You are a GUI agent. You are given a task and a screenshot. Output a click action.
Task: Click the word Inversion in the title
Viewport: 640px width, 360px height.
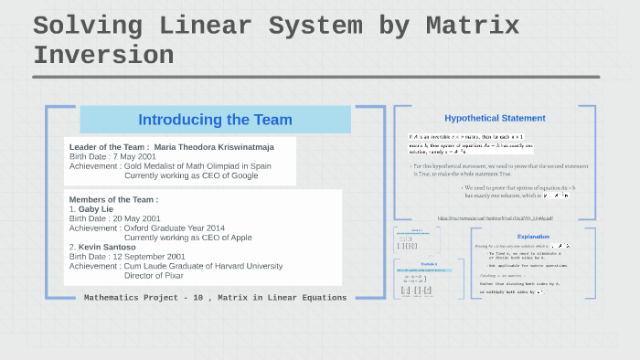pos(103,55)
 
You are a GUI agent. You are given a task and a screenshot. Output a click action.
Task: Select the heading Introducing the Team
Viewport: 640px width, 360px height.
pos(215,120)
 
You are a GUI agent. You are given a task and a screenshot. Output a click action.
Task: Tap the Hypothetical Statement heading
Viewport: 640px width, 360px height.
pos(495,118)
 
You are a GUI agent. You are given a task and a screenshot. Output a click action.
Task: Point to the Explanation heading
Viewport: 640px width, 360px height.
pos(533,237)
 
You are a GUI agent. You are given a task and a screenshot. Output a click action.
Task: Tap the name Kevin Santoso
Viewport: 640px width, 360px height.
pos(113,247)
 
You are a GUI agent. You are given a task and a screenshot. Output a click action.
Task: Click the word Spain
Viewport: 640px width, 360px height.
pos(258,165)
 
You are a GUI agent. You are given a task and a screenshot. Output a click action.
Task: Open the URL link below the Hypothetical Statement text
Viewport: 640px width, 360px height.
pos(495,218)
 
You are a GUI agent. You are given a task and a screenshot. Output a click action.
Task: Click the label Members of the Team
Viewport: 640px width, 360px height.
pos(113,199)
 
